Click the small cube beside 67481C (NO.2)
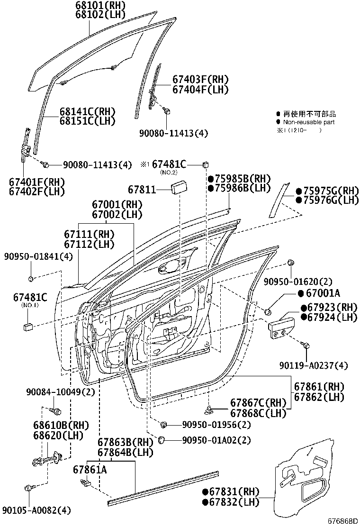[x=206, y=164]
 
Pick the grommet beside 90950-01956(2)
[x=164, y=424]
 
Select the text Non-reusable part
[x=308, y=122]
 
